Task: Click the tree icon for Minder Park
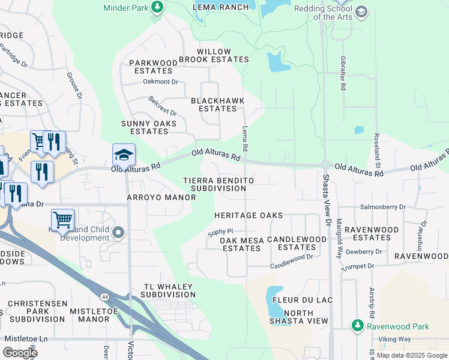pos(157,7)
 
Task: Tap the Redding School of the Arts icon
pos(361,11)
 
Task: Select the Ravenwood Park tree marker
pos(357,326)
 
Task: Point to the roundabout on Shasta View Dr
pos(325,165)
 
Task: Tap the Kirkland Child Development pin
pos(118,232)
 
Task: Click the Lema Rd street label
pos(245,138)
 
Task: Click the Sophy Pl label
pos(220,230)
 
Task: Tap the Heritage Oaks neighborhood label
pos(249,215)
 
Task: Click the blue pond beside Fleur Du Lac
pos(274,302)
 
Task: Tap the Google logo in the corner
pos(20,352)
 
